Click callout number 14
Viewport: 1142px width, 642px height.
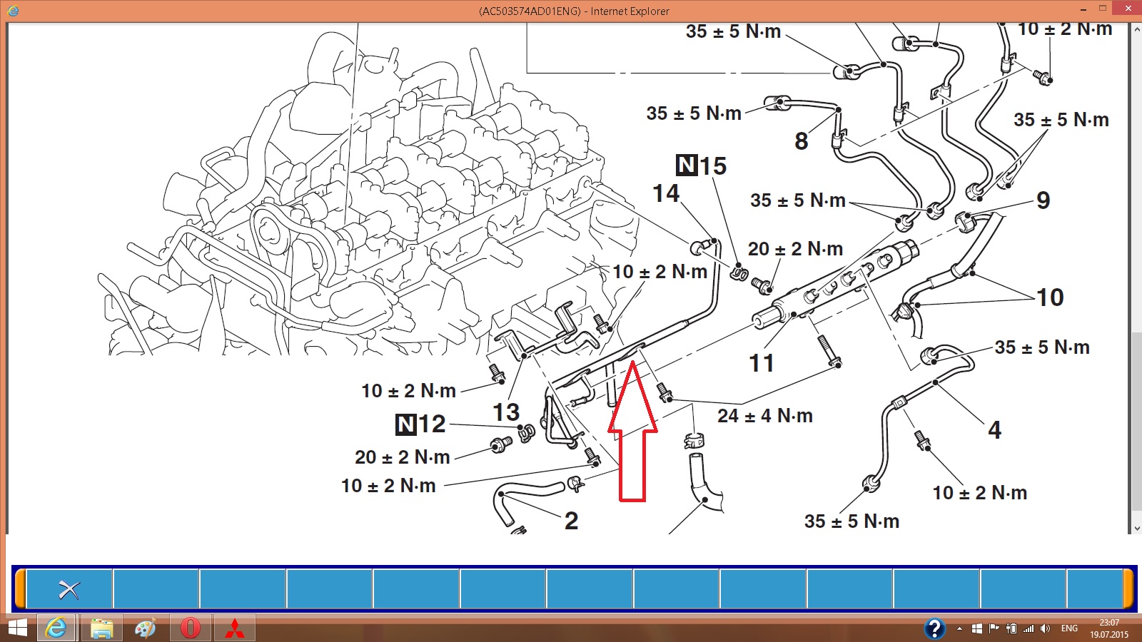tap(666, 193)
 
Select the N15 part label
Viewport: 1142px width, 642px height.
tap(701, 165)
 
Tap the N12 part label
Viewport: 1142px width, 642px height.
tap(420, 424)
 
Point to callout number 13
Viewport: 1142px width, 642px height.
tap(506, 412)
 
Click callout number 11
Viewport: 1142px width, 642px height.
tap(762, 363)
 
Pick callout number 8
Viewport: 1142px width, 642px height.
tap(802, 141)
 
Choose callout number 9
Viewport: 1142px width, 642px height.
tap(1044, 200)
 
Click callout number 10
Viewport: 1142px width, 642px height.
tap(1050, 297)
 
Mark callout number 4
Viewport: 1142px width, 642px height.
tap(995, 429)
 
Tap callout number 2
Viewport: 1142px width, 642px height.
tap(572, 521)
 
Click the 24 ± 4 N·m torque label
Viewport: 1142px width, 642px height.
tap(765, 416)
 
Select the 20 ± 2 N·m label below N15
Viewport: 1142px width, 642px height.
tap(795, 249)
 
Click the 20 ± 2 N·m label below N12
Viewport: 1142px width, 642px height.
tap(403, 457)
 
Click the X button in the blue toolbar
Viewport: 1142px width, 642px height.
tap(69, 590)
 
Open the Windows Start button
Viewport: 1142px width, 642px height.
tap(17, 628)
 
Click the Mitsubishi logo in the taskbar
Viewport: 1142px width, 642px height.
tap(235, 628)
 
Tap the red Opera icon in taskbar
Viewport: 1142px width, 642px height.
tap(190, 628)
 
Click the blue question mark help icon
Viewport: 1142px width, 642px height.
tap(934, 628)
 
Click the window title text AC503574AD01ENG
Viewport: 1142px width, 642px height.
tap(530, 11)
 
